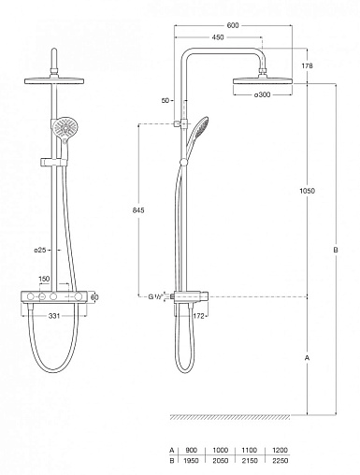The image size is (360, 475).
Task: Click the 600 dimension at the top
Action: pos(233,25)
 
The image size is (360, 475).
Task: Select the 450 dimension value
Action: pos(218,37)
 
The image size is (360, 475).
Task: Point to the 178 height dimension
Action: pos(307,65)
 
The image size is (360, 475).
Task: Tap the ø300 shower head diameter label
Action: pos(262,94)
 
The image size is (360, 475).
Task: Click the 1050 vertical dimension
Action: pos(307,191)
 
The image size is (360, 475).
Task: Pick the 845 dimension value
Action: pos(138,210)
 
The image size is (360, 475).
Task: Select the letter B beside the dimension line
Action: pos(336,250)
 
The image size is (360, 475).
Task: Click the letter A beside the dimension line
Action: pos(307,358)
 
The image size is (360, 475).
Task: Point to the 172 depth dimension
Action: pos(198,316)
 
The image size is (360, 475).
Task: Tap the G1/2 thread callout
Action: pos(154,296)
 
